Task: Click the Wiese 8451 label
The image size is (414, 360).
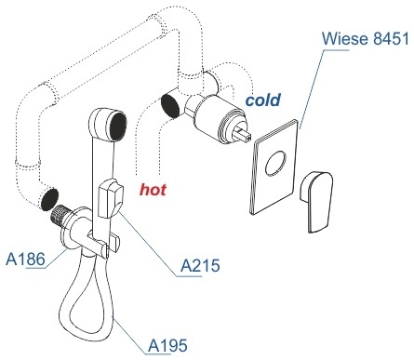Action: [366, 39]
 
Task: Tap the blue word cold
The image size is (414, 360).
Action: [263, 100]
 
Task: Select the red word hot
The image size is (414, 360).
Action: [153, 189]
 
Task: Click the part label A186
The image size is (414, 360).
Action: [25, 259]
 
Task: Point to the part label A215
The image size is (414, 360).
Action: [200, 265]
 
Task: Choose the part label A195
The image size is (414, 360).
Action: [167, 345]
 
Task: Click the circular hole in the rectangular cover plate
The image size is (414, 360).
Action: [275, 163]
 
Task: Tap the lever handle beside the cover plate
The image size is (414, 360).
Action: [316, 201]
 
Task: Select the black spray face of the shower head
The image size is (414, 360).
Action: [118, 127]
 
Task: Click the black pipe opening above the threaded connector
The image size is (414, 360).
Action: [49, 199]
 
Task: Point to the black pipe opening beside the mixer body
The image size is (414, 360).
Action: [170, 106]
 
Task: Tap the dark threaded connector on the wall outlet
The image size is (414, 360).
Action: [60, 213]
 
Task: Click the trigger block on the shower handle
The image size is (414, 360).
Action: [111, 198]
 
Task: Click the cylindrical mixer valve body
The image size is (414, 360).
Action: [216, 118]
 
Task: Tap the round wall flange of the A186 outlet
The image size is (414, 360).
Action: [68, 230]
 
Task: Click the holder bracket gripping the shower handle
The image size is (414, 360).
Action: [102, 244]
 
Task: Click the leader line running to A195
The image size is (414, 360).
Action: [128, 335]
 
